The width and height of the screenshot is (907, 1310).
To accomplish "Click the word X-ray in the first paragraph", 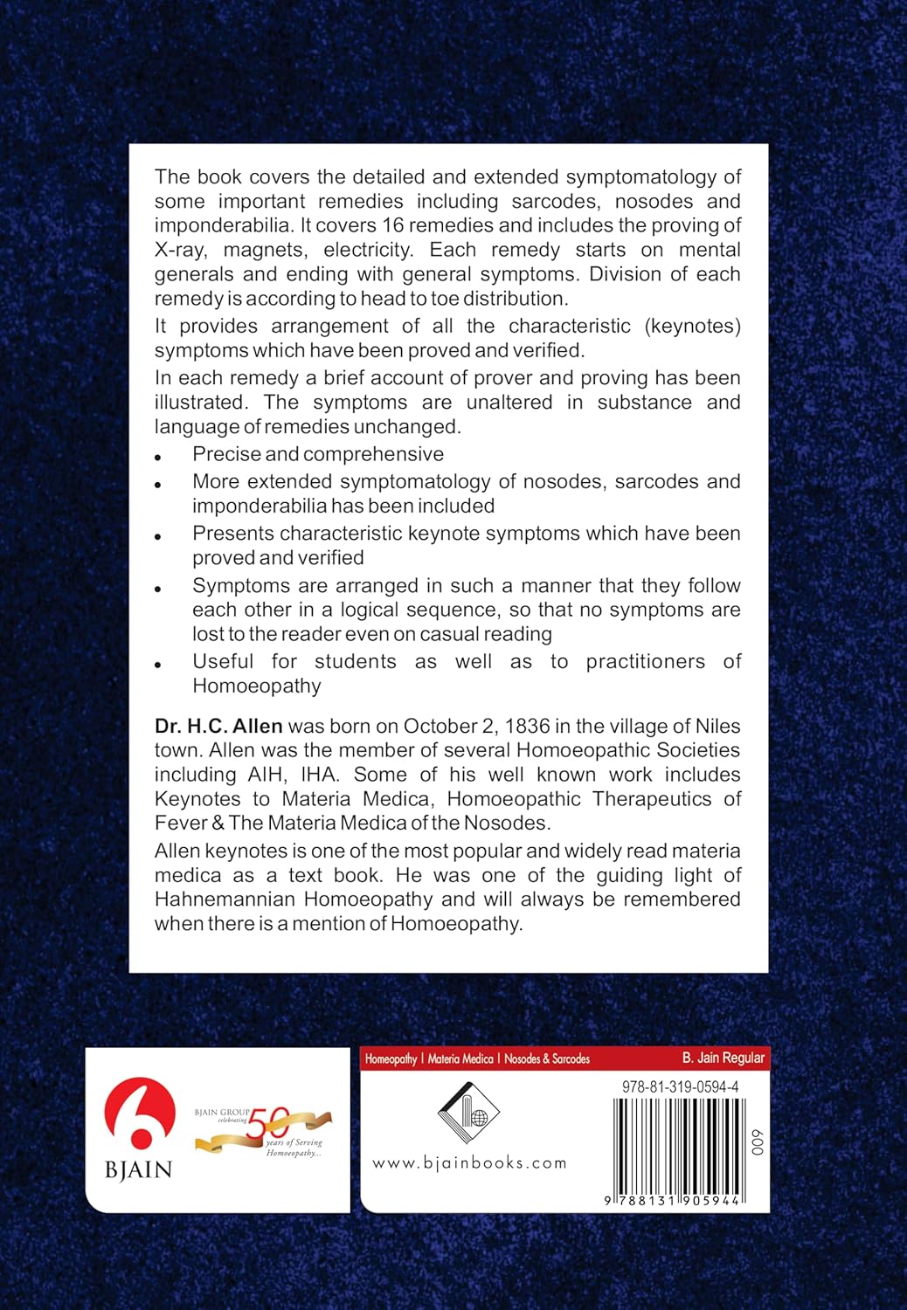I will coord(181,250).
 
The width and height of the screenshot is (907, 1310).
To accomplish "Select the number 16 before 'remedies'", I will coord(393,225).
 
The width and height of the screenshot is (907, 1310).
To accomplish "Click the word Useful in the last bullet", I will coord(223,662).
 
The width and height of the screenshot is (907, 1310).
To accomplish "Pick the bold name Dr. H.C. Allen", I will coord(218,726).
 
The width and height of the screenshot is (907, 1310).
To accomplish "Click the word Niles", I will coord(717,726).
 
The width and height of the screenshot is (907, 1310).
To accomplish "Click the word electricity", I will coord(368,250).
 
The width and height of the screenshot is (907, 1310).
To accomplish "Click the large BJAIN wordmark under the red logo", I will coord(139,1169).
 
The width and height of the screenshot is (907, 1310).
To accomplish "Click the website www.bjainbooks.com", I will coord(469,1163).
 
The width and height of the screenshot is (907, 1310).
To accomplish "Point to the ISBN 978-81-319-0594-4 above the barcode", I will coord(681,1087).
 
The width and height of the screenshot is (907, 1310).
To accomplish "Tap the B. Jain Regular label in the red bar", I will coord(723,1058).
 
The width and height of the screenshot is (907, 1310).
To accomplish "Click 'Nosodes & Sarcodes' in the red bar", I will coord(547,1058).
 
